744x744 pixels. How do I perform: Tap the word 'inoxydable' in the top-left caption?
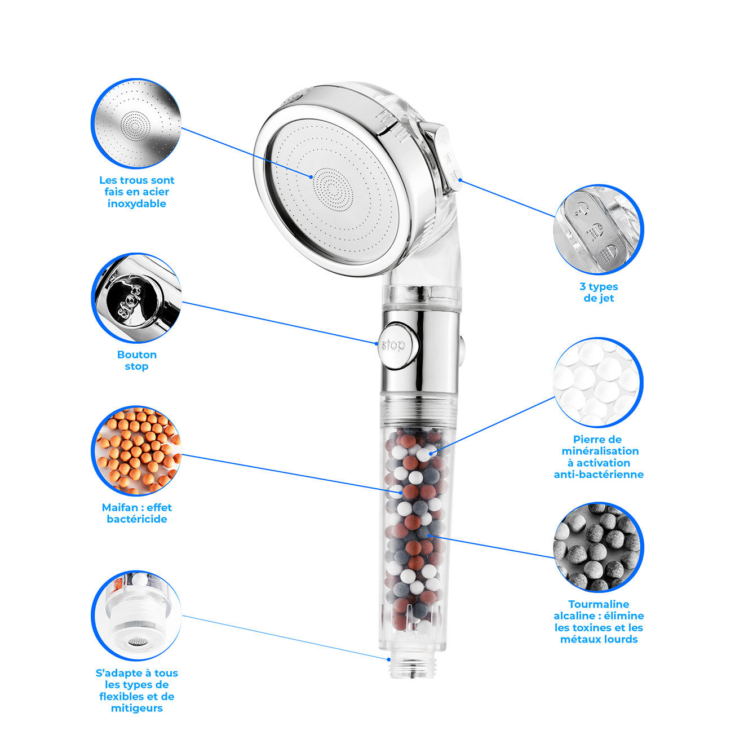[136, 204]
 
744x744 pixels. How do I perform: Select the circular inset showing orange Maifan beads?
[136, 450]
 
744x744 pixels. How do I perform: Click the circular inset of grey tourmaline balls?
[599, 547]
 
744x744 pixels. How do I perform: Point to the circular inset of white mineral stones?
[599, 382]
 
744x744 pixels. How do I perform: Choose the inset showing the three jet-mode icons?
[599, 229]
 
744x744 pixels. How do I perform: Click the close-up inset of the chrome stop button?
[136, 298]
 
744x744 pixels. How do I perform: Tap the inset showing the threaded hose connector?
[136, 616]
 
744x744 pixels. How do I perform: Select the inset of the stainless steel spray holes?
[136, 123]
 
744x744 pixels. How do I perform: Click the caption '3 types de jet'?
[599, 293]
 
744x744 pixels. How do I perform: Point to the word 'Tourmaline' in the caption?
[599, 604]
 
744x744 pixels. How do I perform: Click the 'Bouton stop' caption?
[136, 360]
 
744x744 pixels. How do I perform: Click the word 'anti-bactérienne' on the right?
[599, 474]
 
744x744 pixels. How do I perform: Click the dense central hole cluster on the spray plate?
[333, 189]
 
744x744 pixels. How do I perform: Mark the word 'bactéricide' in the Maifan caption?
[136, 519]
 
